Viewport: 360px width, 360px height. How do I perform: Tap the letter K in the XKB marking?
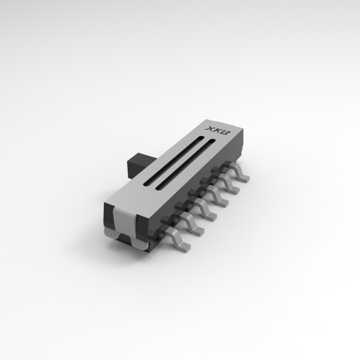click(216, 131)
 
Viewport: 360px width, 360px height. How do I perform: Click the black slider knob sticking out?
click(137, 165)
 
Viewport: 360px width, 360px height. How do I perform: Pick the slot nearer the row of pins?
click(185, 164)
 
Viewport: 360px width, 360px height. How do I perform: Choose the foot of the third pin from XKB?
click(223, 202)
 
